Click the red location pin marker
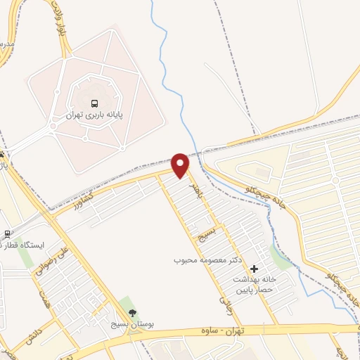pos(181,165)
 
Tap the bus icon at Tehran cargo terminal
pos(95,101)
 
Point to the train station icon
pos(7,234)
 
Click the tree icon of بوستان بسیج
pos(132,314)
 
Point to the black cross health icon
pos(254,268)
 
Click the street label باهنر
pos(198,190)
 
